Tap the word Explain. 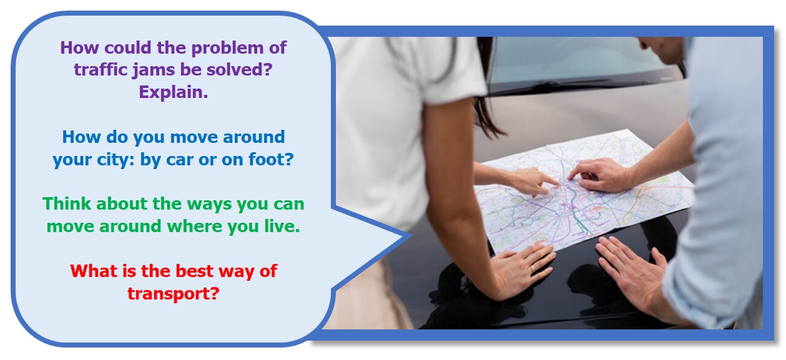click(x=174, y=92)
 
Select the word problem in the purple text click(x=227, y=48)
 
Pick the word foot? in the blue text click(x=271, y=159)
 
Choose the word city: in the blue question click(x=115, y=160)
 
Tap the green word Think click(x=66, y=203)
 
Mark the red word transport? click(x=174, y=293)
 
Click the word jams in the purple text click(x=154, y=70)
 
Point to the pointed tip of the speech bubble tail click(x=411, y=236)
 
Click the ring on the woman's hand click(x=533, y=269)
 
